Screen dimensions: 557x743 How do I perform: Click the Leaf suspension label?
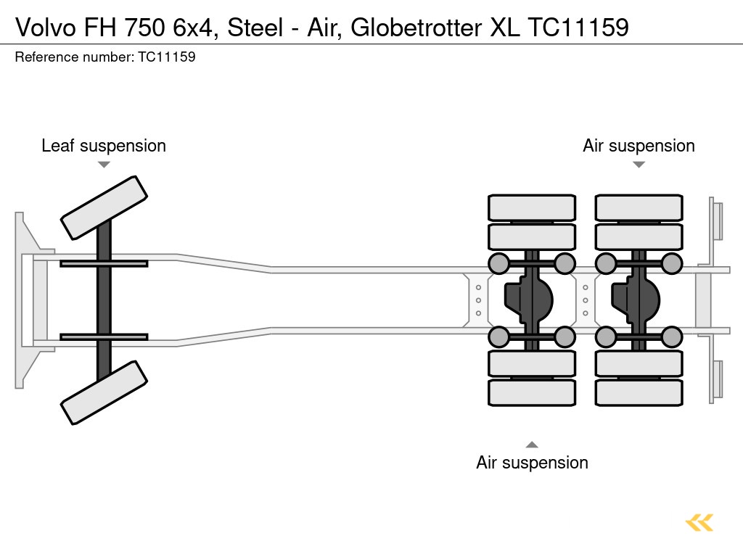pos(104,146)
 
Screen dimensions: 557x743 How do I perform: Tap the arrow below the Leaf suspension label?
pos(104,165)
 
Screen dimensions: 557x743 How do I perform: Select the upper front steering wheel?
pos(104,207)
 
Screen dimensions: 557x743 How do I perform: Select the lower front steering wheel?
pos(104,392)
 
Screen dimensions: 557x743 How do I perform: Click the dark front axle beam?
pos(104,300)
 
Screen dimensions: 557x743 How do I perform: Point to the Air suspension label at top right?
pos(639,146)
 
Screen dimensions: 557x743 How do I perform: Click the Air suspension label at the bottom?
pos(532,462)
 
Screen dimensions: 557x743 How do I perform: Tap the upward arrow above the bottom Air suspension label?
pos(532,445)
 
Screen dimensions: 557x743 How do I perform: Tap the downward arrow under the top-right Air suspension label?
pos(639,165)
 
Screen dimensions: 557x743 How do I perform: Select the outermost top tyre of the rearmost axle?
pos(639,207)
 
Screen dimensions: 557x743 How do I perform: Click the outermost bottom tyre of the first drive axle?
pos(532,392)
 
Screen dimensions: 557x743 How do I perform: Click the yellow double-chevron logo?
pos(699,522)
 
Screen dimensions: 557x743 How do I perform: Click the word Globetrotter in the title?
pos(421,28)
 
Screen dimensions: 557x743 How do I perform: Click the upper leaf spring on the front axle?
pos(104,263)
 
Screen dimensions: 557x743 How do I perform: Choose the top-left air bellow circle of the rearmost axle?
pos(605,263)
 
